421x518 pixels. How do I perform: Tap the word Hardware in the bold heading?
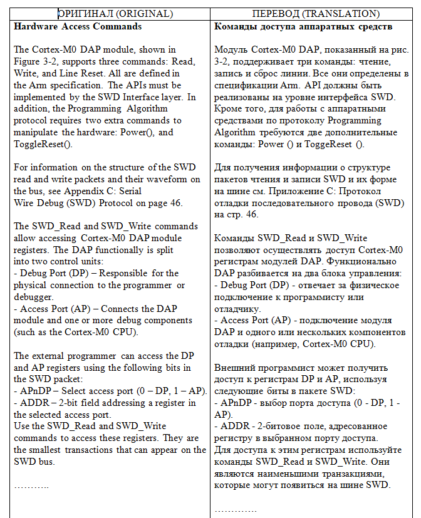pos(35,26)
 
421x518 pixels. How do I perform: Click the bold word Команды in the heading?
pos(235,26)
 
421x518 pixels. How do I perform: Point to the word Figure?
pos(28,61)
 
